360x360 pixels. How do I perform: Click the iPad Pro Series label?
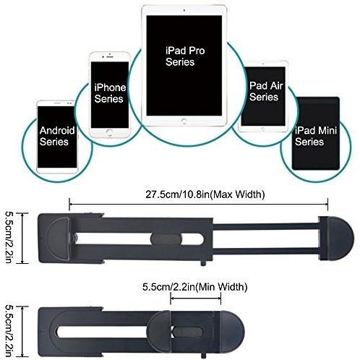[185, 56]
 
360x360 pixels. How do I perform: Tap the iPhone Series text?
[110, 93]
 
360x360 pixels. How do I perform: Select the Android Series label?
[57, 136]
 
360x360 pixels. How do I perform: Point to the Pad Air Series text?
[266, 91]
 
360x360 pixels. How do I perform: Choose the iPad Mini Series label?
[316, 136]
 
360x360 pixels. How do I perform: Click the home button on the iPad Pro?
[184, 121]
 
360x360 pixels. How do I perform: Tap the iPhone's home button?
[110, 132]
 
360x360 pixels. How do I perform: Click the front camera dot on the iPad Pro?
[184, 10]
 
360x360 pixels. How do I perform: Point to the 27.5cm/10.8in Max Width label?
[205, 194]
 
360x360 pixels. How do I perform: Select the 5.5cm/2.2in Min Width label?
[194, 287]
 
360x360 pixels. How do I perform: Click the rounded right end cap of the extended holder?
[340, 239]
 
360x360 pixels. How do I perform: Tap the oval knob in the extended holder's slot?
[166, 239]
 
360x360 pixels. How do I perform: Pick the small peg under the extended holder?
[203, 263]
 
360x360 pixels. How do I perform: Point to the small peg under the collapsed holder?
[203, 356]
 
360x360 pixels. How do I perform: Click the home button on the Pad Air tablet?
[263, 129]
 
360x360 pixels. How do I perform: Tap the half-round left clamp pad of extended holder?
[59, 239]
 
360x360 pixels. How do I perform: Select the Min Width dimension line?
[196, 299]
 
